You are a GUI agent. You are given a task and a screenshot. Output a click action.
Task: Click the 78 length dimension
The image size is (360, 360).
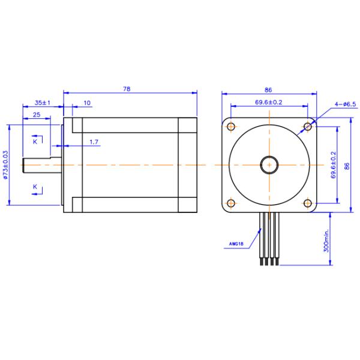tap(127, 88)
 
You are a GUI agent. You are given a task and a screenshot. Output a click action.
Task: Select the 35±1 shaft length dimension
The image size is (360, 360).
tap(41, 103)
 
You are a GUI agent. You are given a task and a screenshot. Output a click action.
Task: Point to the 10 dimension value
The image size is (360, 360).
tap(87, 103)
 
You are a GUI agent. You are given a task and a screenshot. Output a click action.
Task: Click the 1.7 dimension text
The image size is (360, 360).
tap(94, 142)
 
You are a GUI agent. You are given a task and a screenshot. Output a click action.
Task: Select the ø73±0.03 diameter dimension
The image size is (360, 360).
tap(6, 165)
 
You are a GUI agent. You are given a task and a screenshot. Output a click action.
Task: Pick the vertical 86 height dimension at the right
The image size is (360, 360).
tap(346, 164)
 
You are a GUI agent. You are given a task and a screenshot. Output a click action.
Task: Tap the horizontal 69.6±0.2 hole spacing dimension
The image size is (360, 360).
tap(269, 103)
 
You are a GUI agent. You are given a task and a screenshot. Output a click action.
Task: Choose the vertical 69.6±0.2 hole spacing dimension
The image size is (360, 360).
tap(333, 165)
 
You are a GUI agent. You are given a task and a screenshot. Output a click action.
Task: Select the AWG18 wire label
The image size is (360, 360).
tap(236, 244)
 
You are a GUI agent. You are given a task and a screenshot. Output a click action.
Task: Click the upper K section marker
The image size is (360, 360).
tap(35, 142)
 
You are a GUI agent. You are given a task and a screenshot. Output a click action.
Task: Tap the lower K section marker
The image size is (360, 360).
tap(35, 187)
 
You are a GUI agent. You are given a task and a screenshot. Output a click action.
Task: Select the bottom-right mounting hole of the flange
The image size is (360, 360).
tap(307, 203)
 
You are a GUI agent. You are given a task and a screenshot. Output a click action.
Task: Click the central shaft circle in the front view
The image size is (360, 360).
tap(269, 164)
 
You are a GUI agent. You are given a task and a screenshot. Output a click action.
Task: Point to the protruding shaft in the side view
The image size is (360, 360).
tap(42, 164)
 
